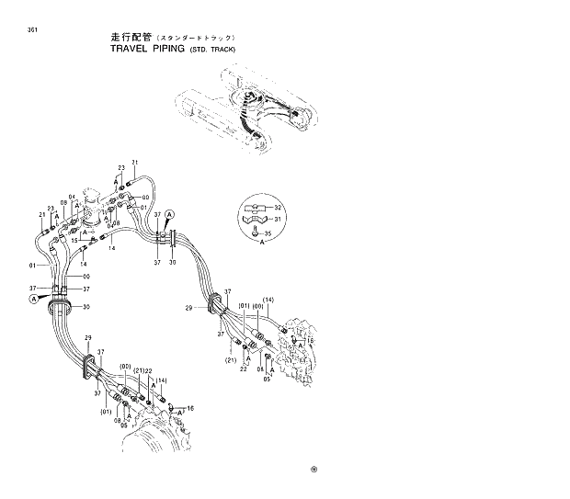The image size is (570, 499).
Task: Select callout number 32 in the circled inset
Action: pyautogui.click(x=279, y=208)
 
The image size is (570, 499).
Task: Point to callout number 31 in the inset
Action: pyautogui.click(x=279, y=219)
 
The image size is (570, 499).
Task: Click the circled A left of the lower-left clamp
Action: pyautogui.click(x=34, y=299)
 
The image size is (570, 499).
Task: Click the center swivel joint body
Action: pyautogui.click(x=93, y=208)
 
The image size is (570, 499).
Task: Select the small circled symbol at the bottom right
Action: pyautogui.click(x=314, y=467)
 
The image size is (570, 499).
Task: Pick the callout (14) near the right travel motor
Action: pyautogui.click(x=268, y=301)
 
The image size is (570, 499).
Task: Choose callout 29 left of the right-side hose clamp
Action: pyautogui.click(x=188, y=307)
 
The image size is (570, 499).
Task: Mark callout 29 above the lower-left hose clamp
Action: pyautogui.click(x=88, y=339)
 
